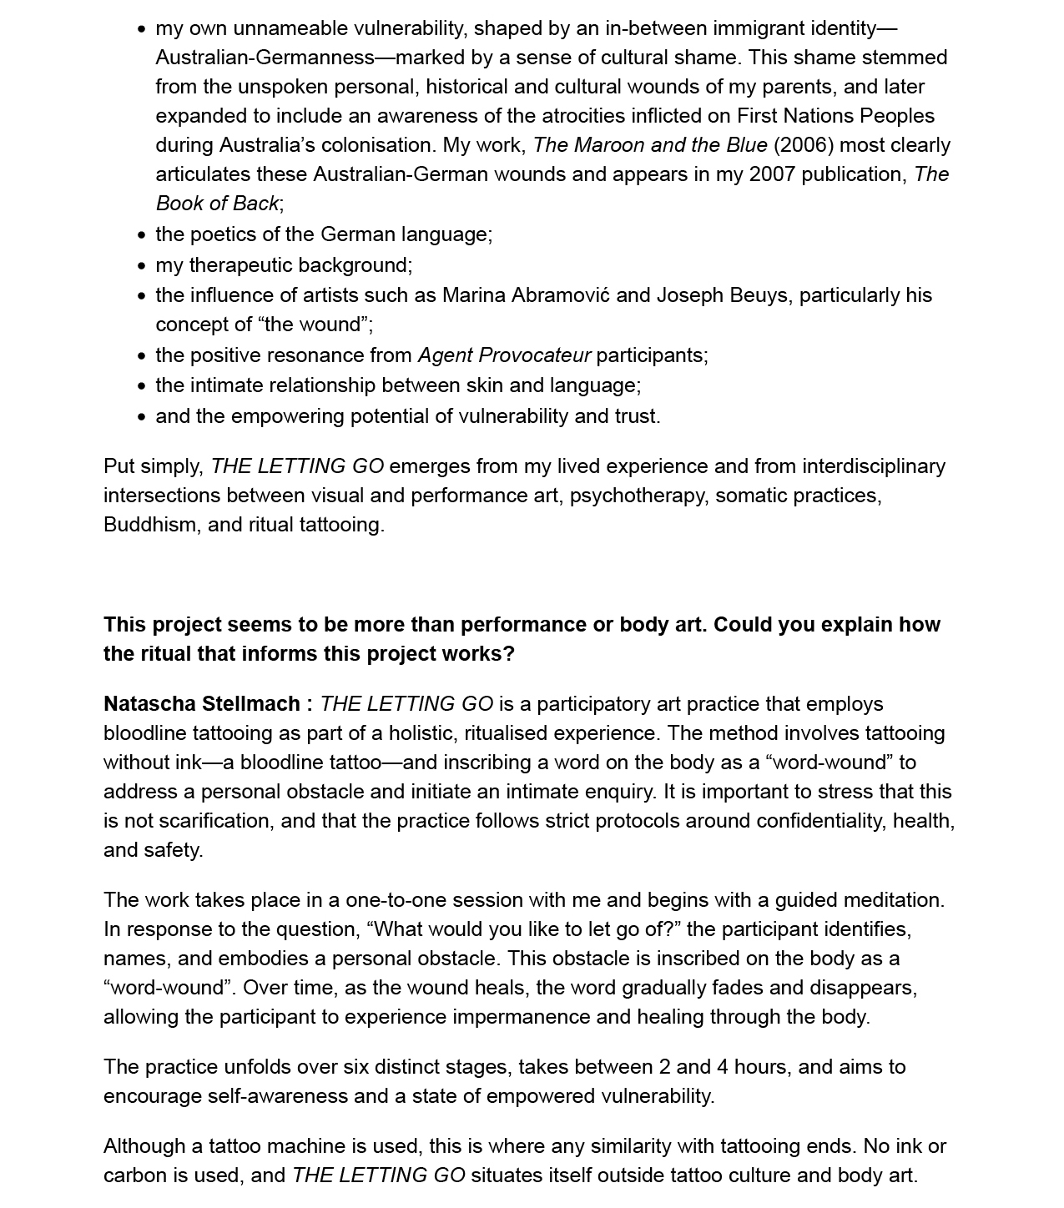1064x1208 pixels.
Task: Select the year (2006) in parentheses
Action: click(804, 145)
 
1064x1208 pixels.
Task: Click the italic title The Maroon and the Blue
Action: click(650, 145)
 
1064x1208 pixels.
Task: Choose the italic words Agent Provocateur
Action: click(504, 355)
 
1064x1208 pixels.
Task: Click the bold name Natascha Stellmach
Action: click(202, 704)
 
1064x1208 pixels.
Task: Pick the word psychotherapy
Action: click(637, 496)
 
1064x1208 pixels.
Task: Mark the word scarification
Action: click(213, 821)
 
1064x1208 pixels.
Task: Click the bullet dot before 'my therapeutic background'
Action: click(142, 266)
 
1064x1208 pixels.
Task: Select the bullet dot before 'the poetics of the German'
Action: click(142, 235)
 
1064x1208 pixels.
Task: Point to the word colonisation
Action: click(378, 145)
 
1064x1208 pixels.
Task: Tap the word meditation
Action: click(892, 900)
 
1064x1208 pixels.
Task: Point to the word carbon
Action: click(135, 1175)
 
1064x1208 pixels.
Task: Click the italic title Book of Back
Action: click(217, 204)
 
